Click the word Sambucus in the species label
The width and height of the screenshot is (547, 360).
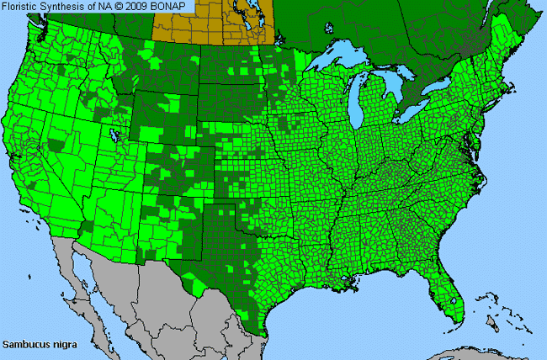point(24,345)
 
